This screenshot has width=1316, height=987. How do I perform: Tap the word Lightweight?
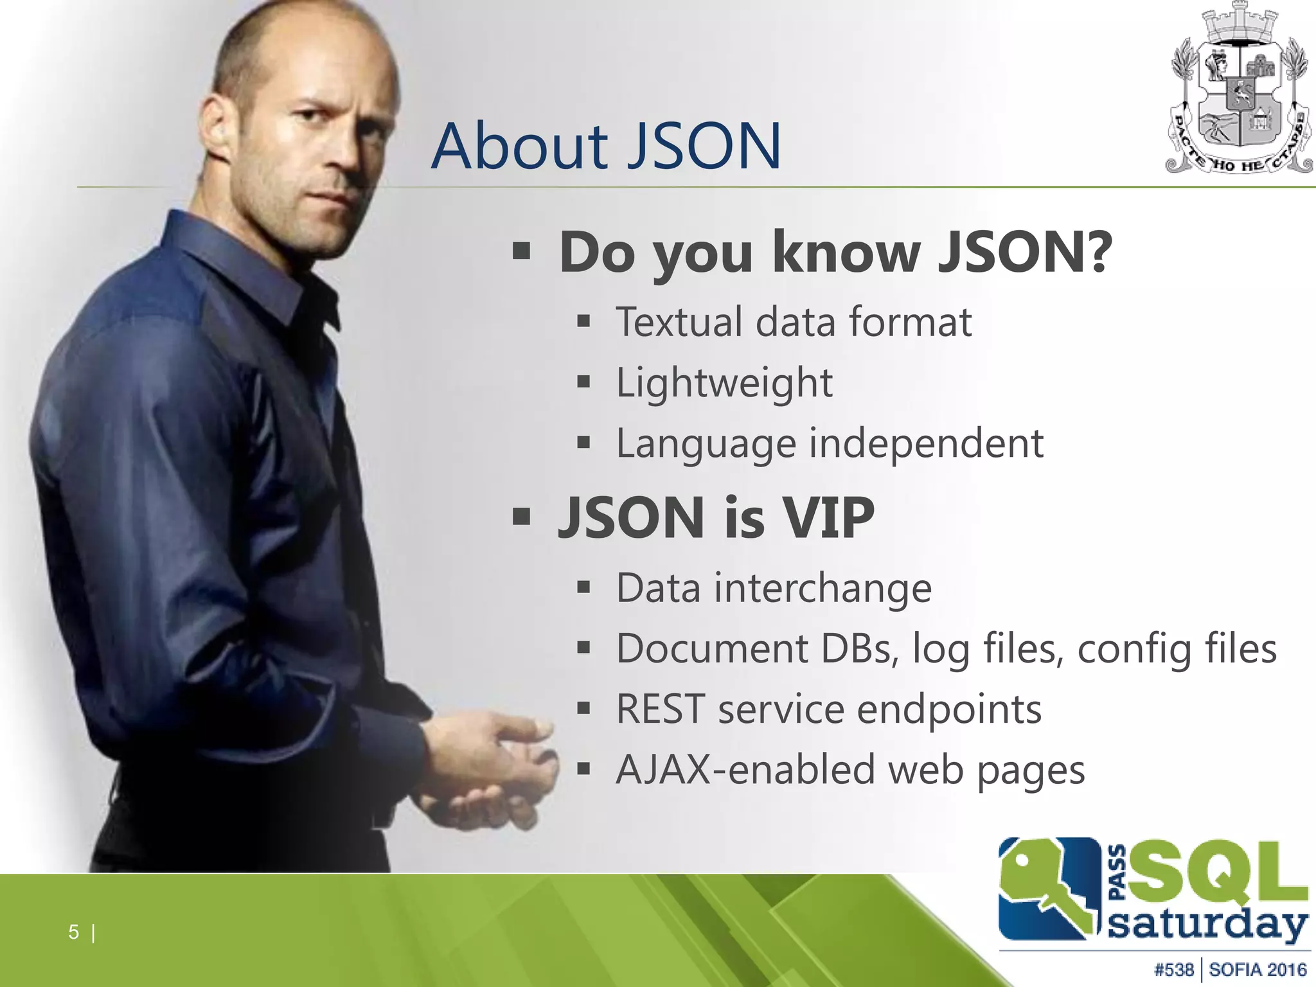coord(724,382)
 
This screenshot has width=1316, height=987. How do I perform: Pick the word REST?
coord(660,709)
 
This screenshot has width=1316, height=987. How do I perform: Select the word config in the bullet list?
coord(1136,649)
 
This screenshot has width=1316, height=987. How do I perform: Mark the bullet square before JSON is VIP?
coord(521,517)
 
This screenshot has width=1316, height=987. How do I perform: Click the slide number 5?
coord(74,932)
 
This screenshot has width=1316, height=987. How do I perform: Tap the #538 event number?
coord(1174,970)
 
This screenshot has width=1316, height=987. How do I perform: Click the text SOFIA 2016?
coord(1258,970)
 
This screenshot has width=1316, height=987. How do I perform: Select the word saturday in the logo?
coord(1208,926)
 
